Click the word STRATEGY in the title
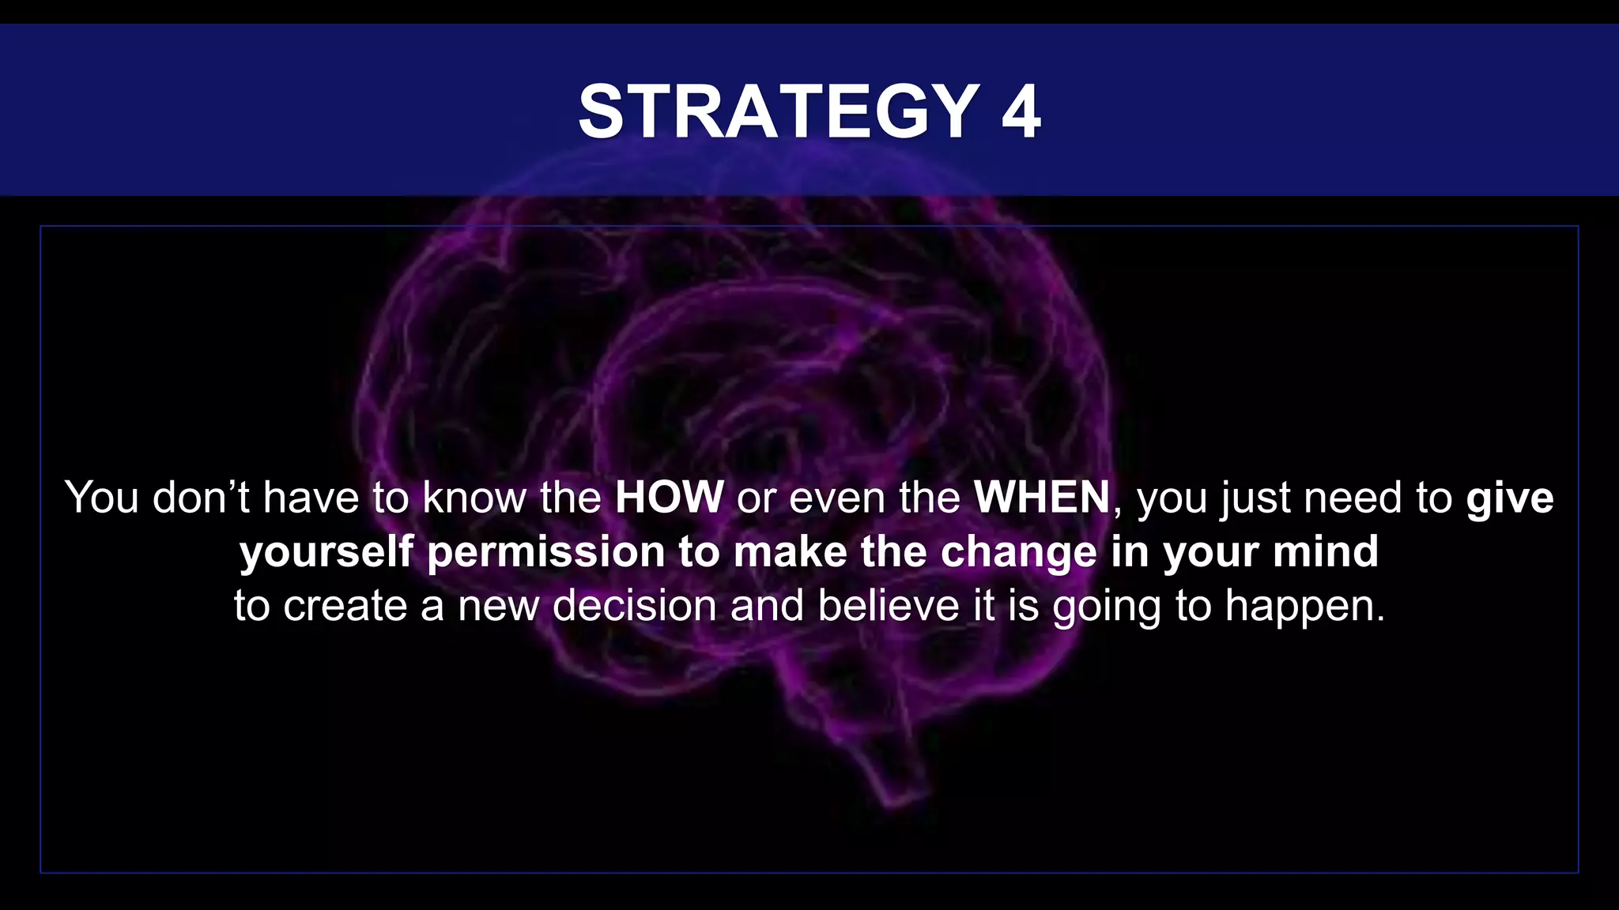click(x=779, y=112)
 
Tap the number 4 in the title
click(x=1021, y=112)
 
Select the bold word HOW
click(x=669, y=498)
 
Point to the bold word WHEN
click(x=1042, y=498)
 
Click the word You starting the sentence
click(x=102, y=498)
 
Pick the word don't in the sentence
click(x=201, y=498)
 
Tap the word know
click(x=473, y=498)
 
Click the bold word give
click(x=1510, y=498)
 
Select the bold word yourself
click(x=326, y=552)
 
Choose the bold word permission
click(x=545, y=551)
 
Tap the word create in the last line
click(x=345, y=606)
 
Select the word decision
click(x=634, y=606)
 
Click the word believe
click(x=889, y=606)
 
